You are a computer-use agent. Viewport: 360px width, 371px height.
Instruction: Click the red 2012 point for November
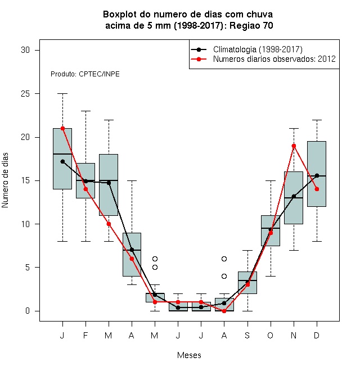click(x=294, y=146)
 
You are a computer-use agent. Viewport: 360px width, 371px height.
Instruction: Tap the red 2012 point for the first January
click(x=62, y=129)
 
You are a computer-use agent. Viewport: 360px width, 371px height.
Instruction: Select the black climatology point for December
click(x=317, y=175)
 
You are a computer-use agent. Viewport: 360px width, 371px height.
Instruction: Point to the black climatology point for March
click(x=109, y=183)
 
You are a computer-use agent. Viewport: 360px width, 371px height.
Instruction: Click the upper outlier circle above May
click(x=155, y=259)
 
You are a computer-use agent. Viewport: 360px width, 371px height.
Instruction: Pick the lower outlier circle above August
click(x=224, y=276)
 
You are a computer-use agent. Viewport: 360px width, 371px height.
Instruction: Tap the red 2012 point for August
click(x=224, y=311)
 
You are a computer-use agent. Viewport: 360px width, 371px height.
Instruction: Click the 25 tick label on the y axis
click(x=25, y=94)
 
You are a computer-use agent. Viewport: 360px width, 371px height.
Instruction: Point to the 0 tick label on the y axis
click(x=28, y=311)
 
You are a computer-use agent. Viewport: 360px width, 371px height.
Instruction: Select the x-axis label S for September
click(x=247, y=336)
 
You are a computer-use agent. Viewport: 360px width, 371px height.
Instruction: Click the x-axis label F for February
click(x=85, y=336)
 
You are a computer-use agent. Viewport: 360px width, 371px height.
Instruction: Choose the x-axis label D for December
click(x=317, y=336)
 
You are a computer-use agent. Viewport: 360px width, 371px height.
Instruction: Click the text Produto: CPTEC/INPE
click(x=85, y=74)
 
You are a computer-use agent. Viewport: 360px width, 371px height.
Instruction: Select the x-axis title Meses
click(x=189, y=355)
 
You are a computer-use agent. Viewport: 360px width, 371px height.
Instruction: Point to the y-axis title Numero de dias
click(x=5, y=180)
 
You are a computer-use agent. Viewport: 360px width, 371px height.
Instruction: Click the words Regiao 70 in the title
click(x=251, y=25)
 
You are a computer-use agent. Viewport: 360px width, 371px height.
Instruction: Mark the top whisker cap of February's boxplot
click(x=85, y=111)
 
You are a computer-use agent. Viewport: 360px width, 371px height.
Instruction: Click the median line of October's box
click(x=271, y=228)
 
